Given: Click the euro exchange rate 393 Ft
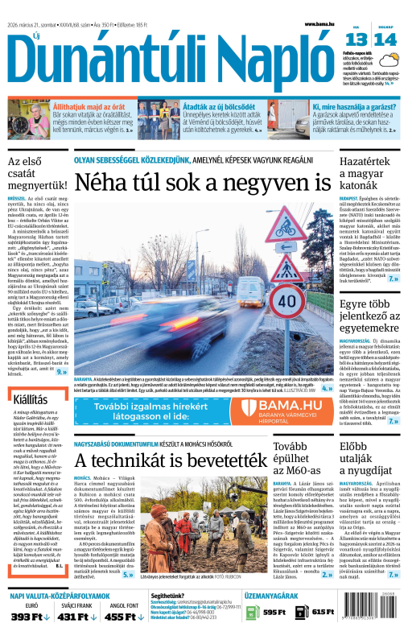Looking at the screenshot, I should click(x=31, y=617).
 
